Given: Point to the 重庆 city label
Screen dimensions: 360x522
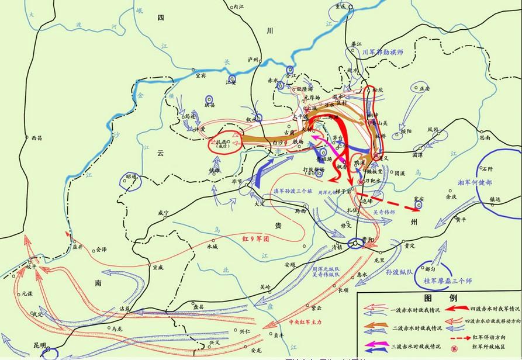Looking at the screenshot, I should [341, 6].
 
